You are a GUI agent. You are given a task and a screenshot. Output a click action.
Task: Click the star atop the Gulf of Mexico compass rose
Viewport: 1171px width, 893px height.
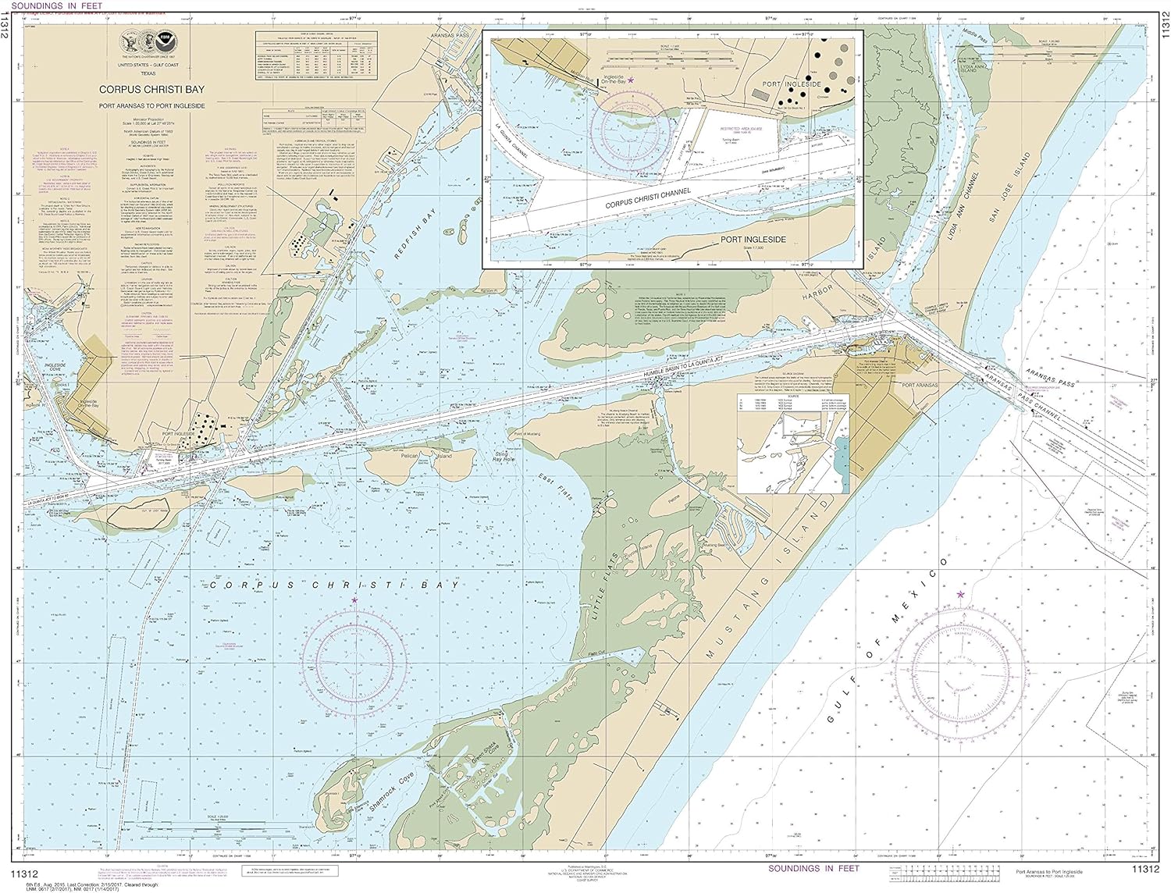[960, 595]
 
